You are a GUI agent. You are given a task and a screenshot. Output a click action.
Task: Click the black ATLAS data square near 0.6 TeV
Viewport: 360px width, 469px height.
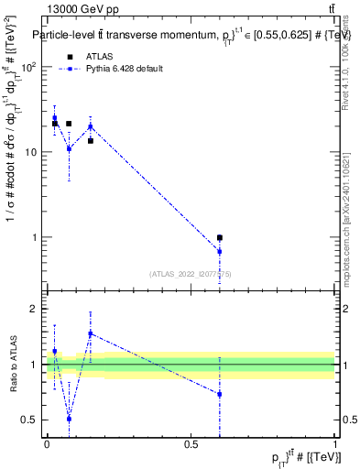220,237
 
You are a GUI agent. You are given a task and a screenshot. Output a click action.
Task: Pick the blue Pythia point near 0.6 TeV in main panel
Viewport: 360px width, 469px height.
220,251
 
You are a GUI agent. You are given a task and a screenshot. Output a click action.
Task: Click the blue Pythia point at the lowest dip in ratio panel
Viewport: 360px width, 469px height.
69,418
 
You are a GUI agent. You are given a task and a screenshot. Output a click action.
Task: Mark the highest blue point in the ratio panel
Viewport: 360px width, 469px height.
91,333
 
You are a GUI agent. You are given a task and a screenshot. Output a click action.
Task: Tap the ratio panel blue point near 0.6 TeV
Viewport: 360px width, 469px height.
220,394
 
